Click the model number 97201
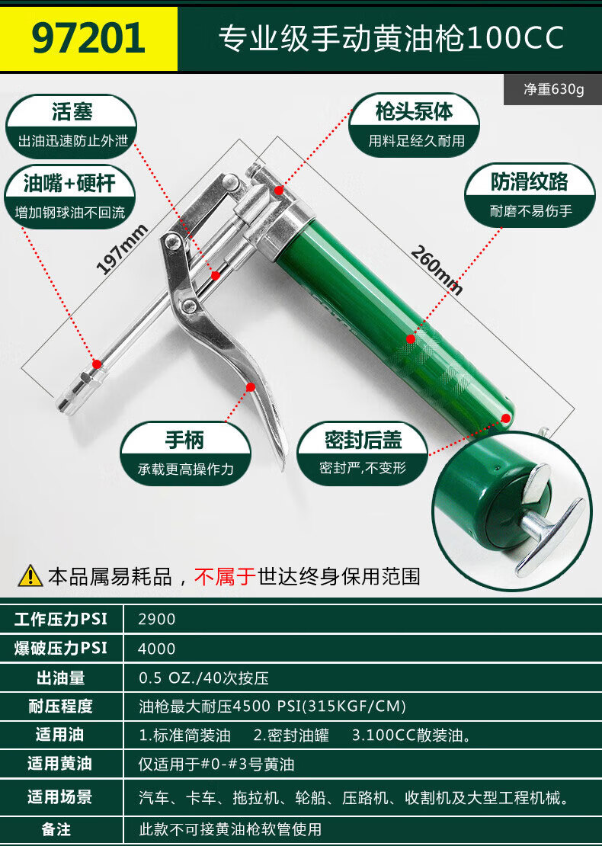88,38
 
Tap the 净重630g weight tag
553,89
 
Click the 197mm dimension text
121,249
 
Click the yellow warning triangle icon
30,575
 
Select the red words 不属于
225,576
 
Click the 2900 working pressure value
156,619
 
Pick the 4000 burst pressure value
156,649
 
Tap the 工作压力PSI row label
61,619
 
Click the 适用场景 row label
60,797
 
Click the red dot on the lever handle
250,387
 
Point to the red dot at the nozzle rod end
97,364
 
